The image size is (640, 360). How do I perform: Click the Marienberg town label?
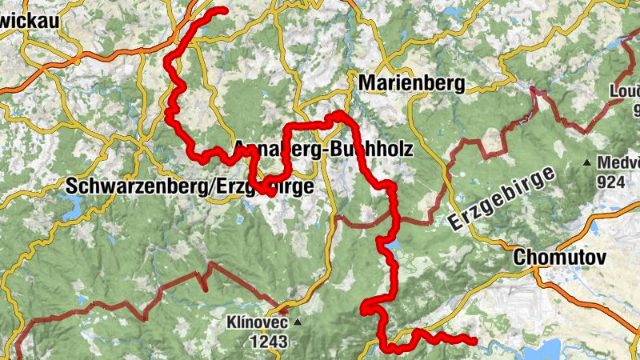click(412, 82)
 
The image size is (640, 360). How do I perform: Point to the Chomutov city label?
click(559, 258)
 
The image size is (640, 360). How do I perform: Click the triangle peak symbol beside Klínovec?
click(298, 323)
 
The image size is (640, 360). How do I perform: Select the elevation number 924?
click(610, 182)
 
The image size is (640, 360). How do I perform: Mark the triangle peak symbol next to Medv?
click(587, 163)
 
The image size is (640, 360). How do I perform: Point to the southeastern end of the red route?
click(474, 342)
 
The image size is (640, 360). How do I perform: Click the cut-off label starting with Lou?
click(626, 90)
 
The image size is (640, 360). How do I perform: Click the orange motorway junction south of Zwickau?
click(77, 58)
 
